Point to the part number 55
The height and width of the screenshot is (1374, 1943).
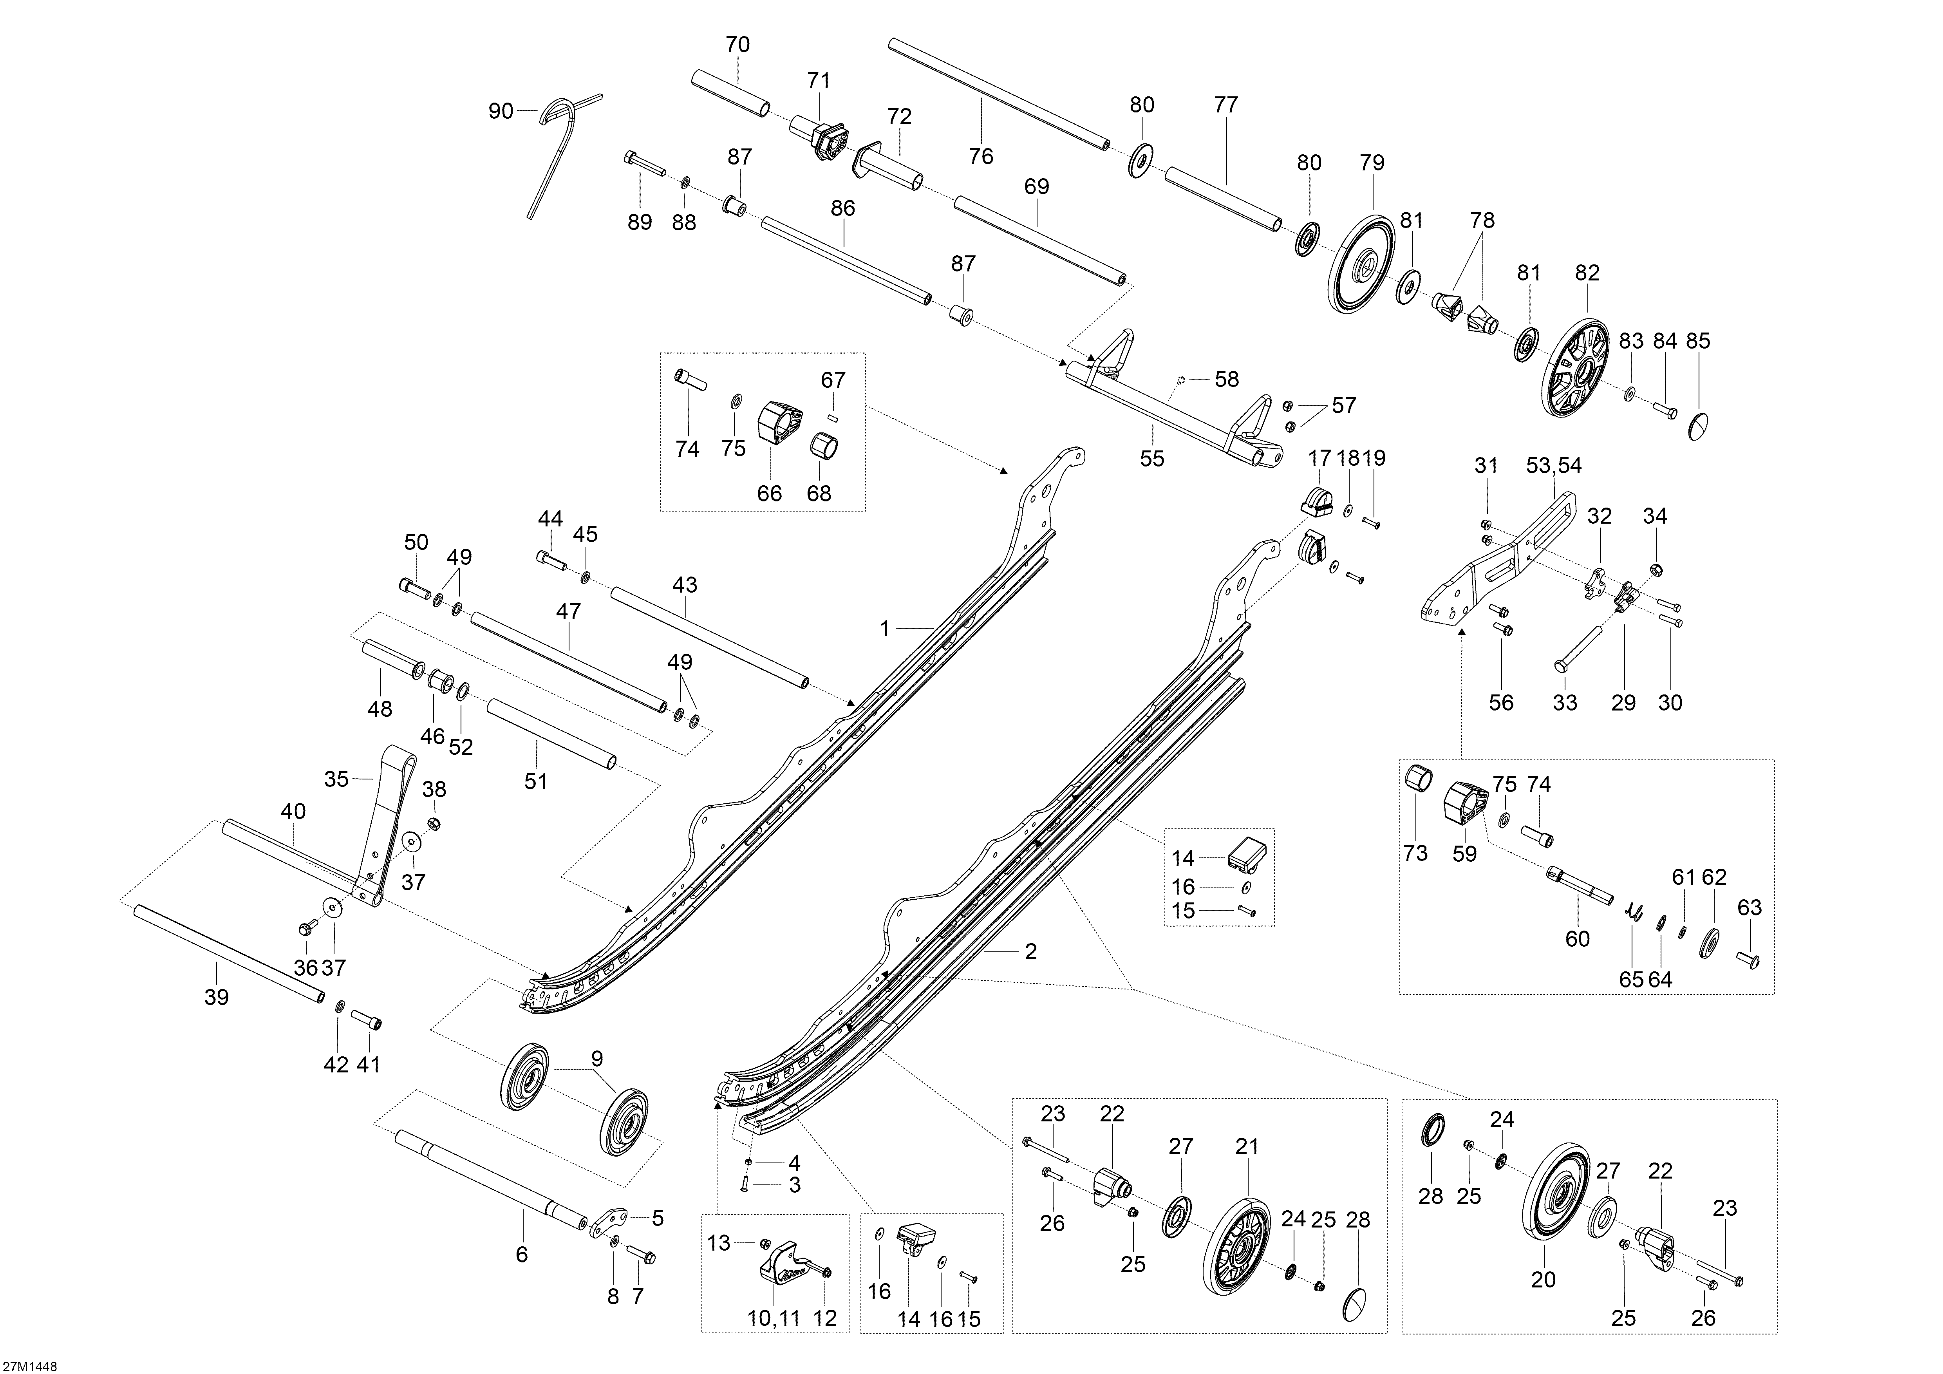click(x=1152, y=459)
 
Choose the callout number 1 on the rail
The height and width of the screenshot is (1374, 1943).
click(x=885, y=629)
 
